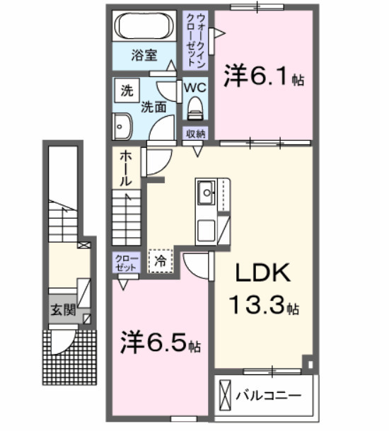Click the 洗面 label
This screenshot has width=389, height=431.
[x=153, y=108]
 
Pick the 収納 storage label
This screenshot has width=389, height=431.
[x=196, y=134]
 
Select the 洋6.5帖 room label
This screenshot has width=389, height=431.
[x=158, y=343]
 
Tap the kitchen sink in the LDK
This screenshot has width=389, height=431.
[x=207, y=192]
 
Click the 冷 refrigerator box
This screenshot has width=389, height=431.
[x=161, y=260]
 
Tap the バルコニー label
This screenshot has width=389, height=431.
[x=267, y=394]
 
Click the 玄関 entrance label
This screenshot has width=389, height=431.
[x=59, y=309]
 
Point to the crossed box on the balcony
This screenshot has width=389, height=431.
[x=225, y=393]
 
